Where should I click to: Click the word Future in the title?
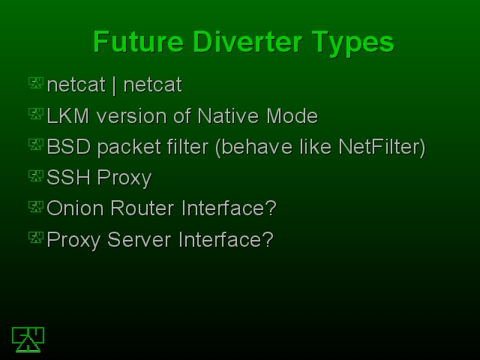138,42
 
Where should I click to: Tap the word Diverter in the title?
247,42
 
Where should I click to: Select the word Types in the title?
353,43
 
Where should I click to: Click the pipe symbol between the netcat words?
114,85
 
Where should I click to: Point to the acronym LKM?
68,116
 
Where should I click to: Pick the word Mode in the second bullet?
292,116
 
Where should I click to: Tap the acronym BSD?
69,147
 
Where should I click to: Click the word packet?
132,148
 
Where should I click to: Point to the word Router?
142,208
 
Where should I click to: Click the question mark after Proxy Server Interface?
268,239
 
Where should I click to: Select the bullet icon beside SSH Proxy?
36,176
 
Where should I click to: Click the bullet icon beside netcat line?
36,83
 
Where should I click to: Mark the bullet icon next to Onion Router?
36,207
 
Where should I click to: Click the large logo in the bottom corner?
28,340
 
